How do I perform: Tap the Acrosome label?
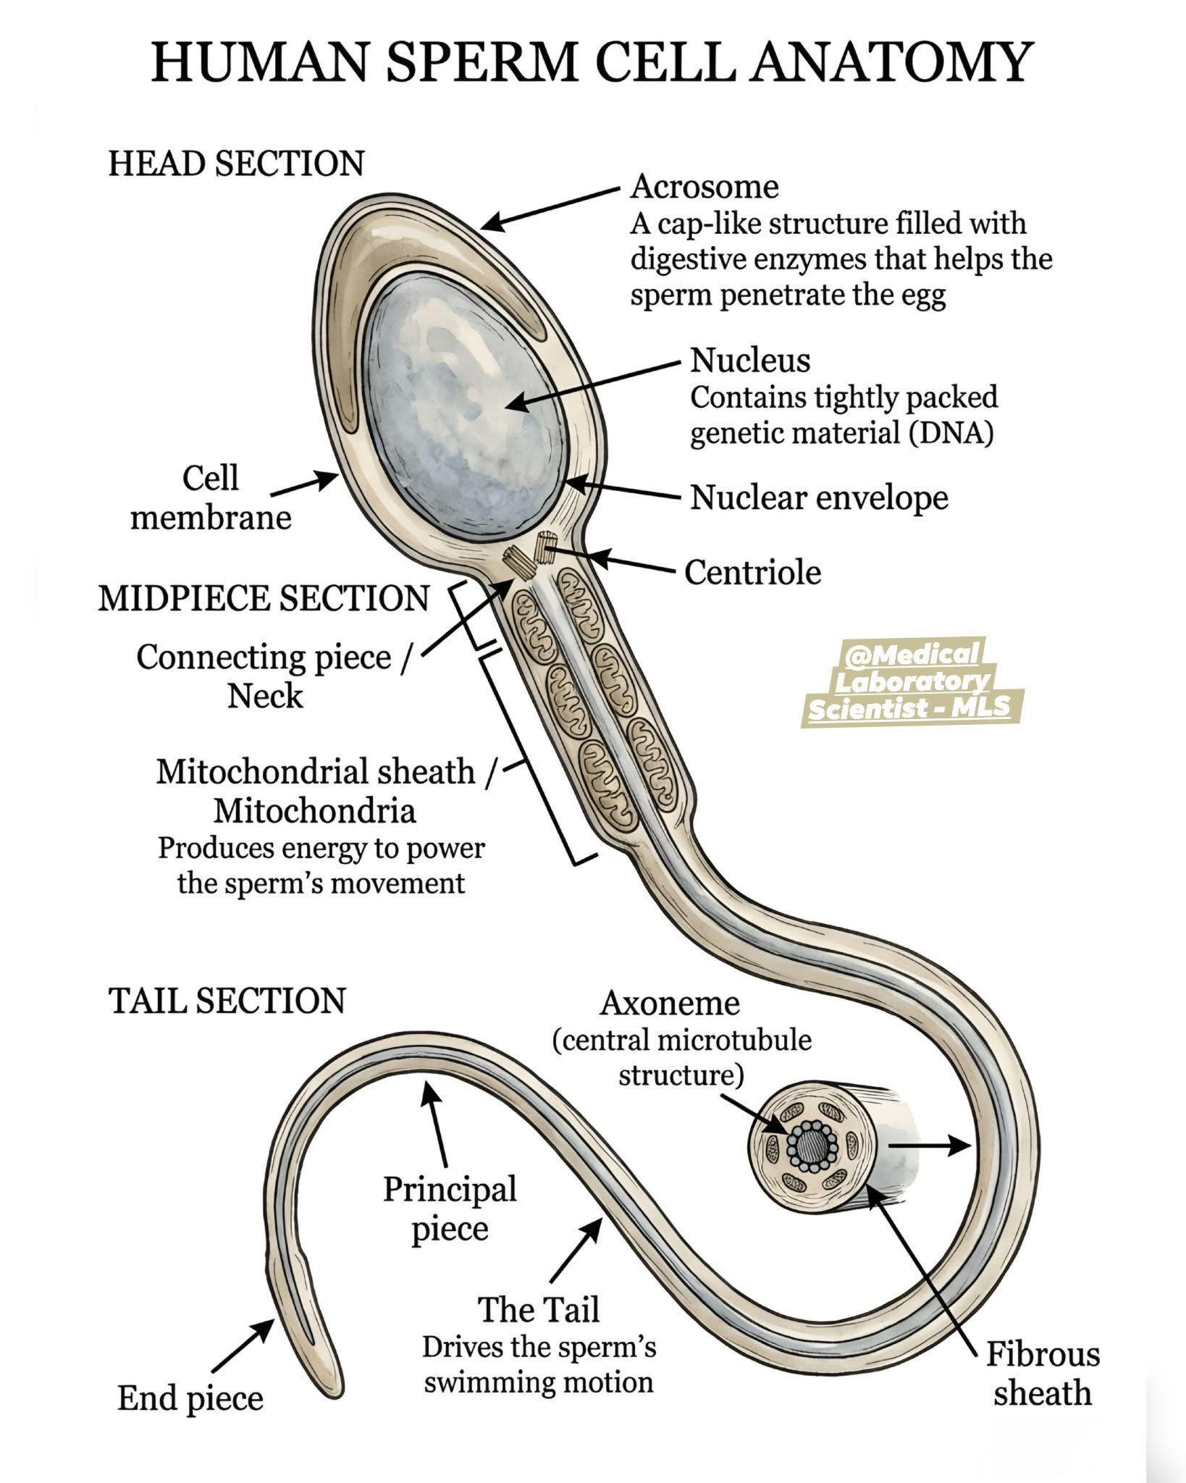(x=705, y=187)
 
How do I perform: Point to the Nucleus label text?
(x=750, y=360)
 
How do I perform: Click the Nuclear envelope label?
(x=819, y=497)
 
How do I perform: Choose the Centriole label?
(x=753, y=572)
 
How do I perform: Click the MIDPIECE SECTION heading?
(x=264, y=598)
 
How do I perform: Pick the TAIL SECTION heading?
(x=227, y=1000)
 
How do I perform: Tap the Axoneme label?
(x=670, y=1004)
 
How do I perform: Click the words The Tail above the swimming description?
(x=539, y=1309)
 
